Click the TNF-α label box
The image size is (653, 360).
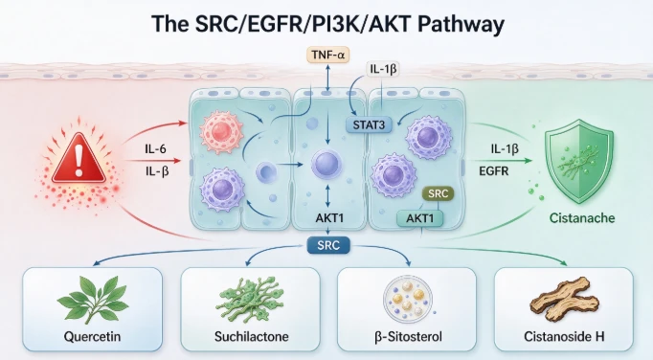pos(328,55)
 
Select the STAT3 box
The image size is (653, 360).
pos(369,124)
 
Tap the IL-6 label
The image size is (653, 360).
pos(155,148)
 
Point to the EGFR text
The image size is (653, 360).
pos(493,170)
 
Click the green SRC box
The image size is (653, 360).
pos(438,193)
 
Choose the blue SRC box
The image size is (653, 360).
pos(328,245)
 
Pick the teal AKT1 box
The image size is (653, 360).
pos(419,218)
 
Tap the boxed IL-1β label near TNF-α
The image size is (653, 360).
pos(383,69)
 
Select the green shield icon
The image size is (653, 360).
pos(579,161)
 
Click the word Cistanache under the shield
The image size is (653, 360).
pos(582,218)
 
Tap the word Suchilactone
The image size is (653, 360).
pos(252,336)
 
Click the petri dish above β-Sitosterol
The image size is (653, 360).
pos(407,298)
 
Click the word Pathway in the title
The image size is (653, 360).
pos(461,24)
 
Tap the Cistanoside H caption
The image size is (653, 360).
pos(564,336)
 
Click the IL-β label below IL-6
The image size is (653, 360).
pos(157,170)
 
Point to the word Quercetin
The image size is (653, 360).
pos(93,336)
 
